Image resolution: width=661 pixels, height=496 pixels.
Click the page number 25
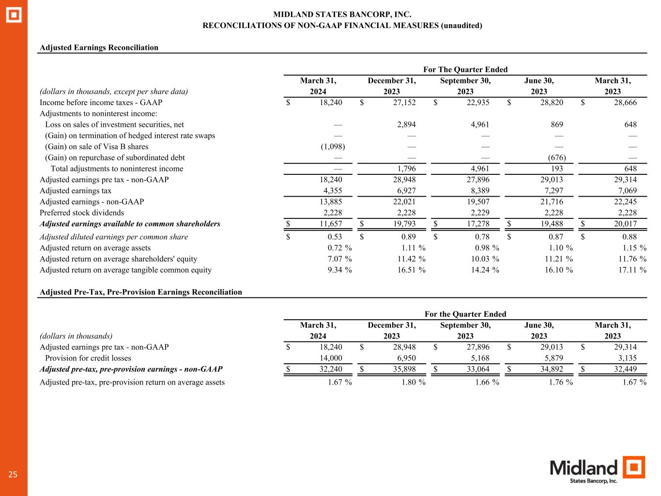13,475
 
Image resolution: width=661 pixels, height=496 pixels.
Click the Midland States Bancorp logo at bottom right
598,470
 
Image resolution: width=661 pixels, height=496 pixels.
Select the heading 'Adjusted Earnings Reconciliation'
99,47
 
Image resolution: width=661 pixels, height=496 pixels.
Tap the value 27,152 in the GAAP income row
403,102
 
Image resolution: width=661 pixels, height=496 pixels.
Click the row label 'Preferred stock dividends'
82,213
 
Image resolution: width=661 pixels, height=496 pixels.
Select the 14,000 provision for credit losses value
329,358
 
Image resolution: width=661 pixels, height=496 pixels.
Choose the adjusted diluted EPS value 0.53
334,237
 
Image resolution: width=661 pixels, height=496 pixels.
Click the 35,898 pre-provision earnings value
403,369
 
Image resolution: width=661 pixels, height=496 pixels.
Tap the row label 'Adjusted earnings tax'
76,191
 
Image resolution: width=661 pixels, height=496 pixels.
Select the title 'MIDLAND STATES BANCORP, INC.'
342,15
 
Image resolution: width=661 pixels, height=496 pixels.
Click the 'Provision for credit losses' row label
88,358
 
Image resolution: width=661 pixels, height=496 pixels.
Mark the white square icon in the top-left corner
14,15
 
